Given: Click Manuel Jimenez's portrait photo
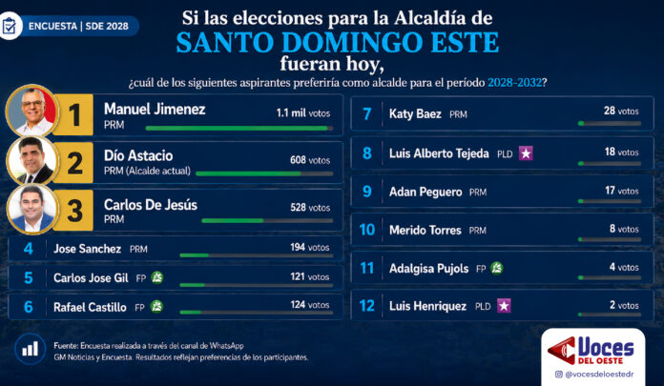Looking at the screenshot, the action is click(x=32, y=111).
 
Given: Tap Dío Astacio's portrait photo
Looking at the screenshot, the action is click(x=32, y=161).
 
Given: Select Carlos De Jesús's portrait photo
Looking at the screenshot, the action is click(x=32, y=209).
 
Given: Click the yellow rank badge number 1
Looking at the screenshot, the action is click(x=73, y=114).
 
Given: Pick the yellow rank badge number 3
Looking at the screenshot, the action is click(x=73, y=211).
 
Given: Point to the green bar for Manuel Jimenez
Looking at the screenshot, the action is click(x=237, y=128).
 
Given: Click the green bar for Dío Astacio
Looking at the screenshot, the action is click(x=248, y=173).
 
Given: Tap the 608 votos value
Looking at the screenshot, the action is click(x=310, y=160).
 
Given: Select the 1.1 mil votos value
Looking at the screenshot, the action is click(x=303, y=113).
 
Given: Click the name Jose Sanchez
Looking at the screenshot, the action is click(x=87, y=249).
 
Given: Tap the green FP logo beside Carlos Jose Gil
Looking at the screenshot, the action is click(x=157, y=277).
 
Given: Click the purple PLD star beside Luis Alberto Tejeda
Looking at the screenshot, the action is click(x=526, y=153).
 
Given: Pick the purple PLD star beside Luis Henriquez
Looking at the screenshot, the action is click(x=504, y=306).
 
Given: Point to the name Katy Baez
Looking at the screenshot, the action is click(x=415, y=113).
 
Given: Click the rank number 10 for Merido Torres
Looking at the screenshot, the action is click(x=366, y=230).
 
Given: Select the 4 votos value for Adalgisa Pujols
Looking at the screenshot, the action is click(x=624, y=267).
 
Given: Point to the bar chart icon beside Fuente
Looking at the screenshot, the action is click(x=31, y=349).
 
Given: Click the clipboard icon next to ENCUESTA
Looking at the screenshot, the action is click(x=10, y=27).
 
